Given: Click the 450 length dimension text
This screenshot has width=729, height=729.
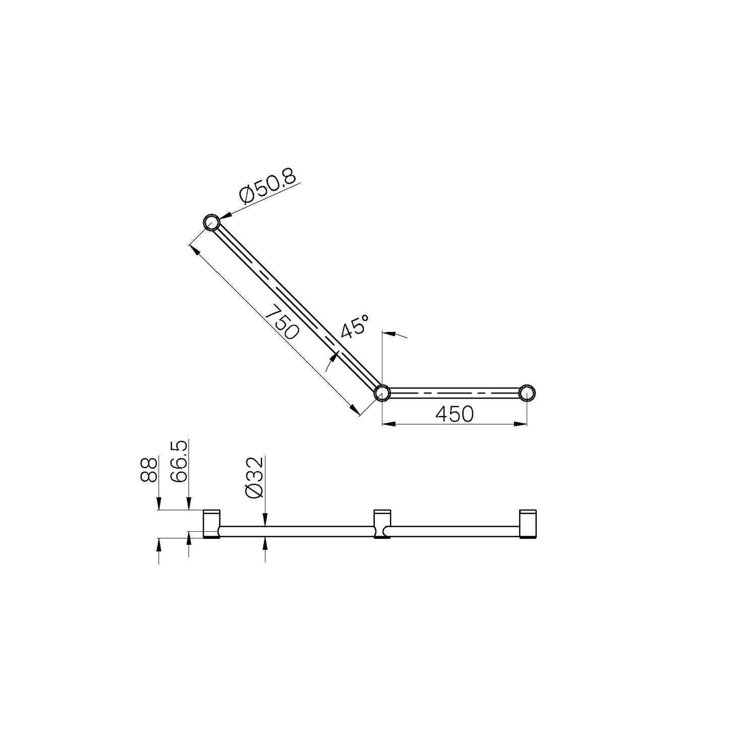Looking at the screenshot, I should (455, 414).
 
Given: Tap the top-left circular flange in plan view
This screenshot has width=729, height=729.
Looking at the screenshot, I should (211, 222).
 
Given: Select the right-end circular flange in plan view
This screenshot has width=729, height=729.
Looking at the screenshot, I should (527, 392).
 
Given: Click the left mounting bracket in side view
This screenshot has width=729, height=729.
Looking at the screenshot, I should (211, 524).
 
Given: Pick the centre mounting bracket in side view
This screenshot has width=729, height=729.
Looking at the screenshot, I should (382, 524).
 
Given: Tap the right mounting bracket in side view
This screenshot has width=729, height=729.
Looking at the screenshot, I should (528, 524).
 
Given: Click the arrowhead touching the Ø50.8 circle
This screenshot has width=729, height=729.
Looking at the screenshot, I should (223, 216).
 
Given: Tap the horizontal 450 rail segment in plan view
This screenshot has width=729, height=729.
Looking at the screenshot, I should (454, 392).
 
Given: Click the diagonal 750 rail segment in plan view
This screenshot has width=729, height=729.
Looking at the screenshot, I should (298, 308).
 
